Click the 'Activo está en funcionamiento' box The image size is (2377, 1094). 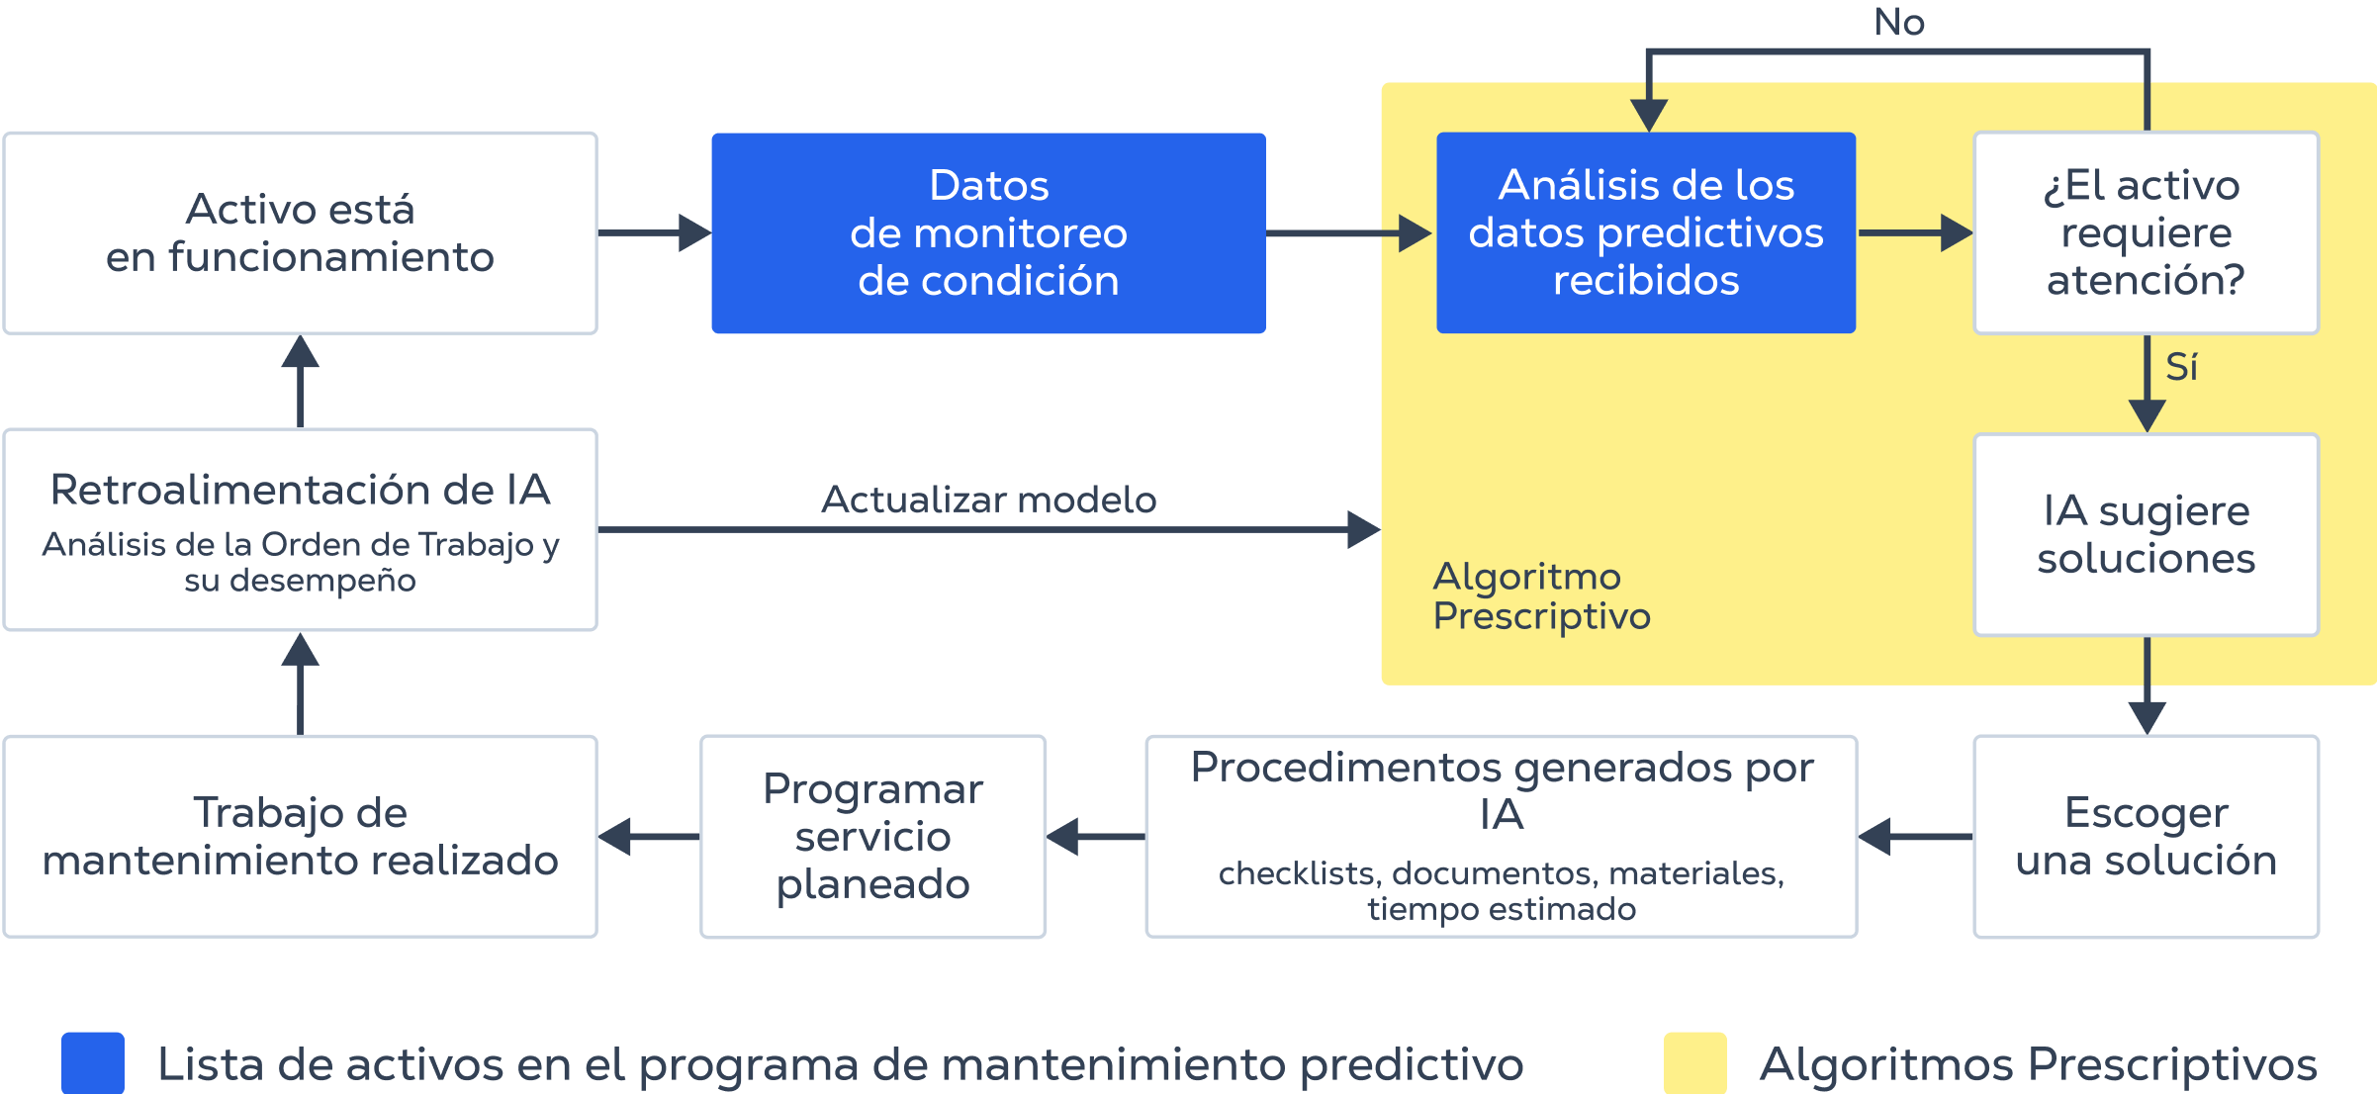[x=300, y=233]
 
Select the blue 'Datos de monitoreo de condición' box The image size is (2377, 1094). [x=988, y=233]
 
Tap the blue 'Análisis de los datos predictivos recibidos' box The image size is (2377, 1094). [x=1645, y=233]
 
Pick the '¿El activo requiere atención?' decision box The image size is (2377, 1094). [x=2146, y=233]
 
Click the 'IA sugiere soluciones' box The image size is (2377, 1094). [x=2146, y=534]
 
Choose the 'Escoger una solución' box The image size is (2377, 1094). [x=2146, y=836]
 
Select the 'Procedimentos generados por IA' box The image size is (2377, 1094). [x=1501, y=836]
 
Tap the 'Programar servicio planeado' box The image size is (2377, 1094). [x=872, y=836]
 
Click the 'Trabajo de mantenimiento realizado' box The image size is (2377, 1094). [x=300, y=836]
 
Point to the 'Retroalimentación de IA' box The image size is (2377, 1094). [x=300, y=529]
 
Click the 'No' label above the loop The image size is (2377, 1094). [x=1899, y=22]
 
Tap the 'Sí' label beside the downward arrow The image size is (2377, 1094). [x=2181, y=367]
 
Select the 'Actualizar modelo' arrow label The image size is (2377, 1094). [x=988, y=500]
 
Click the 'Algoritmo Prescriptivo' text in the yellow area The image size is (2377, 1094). [x=1541, y=595]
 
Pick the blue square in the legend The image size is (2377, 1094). [x=92, y=1063]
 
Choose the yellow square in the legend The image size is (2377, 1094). [x=1694, y=1063]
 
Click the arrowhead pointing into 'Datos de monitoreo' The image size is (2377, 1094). [x=694, y=233]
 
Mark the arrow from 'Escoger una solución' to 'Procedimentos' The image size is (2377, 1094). [x=1915, y=837]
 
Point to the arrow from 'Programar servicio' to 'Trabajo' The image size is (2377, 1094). [x=649, y=837]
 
